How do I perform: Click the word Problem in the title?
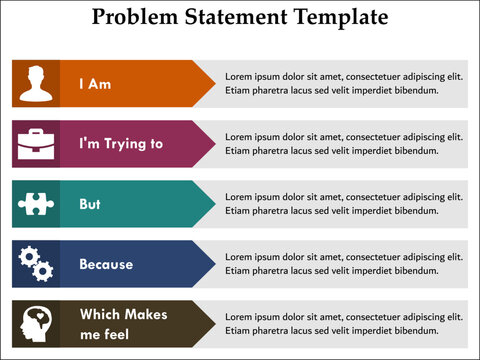point(134,18)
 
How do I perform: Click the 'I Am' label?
point(95,84)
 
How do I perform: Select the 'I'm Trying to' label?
point(120,144)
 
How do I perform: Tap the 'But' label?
point(90,204)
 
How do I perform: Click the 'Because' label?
point(106,264)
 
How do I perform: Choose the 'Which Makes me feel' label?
point(122,324)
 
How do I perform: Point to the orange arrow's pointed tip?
point(213,84)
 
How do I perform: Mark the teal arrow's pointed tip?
point(213,204)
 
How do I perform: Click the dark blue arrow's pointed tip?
point(213,264)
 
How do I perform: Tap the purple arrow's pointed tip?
point(213,144)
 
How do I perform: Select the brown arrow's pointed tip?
point(213,324)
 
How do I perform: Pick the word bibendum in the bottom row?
point(413,331)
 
